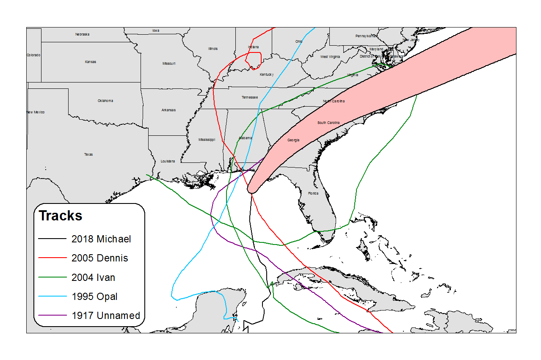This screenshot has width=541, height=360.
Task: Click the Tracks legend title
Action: (x=61, y=216)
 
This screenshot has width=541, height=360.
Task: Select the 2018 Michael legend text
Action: (x=101, y=239)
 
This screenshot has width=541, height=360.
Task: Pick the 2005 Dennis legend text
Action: (x=99, y=258)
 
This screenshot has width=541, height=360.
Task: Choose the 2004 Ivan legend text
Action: (x=93, y=278)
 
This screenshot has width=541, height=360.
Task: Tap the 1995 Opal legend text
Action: (x=94, y=297)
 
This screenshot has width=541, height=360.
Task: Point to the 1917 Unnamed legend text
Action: (x=105, y=316)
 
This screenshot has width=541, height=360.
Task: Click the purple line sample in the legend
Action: (x=52, y=316)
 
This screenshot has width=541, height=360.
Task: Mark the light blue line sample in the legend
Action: (x=52, y=297)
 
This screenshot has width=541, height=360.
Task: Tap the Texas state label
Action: (x=88, y=154)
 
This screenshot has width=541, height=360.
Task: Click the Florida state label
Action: (x=313, y=193)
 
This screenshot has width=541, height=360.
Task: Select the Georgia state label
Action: (x=293, y=140)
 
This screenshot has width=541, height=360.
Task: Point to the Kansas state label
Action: (x=90, y=62)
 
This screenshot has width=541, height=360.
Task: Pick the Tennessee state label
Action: (x=250, y=97)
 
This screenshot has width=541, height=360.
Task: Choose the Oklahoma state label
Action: (x=105, y=101)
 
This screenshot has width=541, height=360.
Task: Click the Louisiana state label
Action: (x=168, y=161)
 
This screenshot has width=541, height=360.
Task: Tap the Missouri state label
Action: (x=168, y=63)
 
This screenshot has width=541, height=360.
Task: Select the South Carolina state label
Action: (x=328, y=123)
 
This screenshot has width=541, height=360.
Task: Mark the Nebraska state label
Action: (x=82, y=34)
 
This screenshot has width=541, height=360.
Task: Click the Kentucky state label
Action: (x=267, y=74)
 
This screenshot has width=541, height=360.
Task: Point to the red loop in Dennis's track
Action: (x=254, y=60)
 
